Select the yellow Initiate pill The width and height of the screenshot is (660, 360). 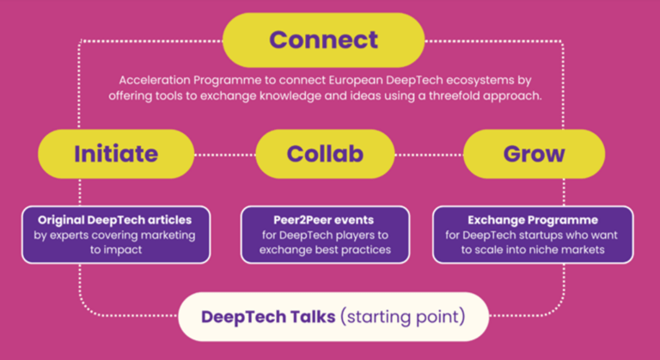point(116,154)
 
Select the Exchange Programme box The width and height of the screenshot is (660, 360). point(533,234)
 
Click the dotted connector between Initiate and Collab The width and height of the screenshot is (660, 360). point(224,155)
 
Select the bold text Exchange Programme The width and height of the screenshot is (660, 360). point(533,219)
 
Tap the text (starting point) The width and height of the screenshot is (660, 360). point(403,317)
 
